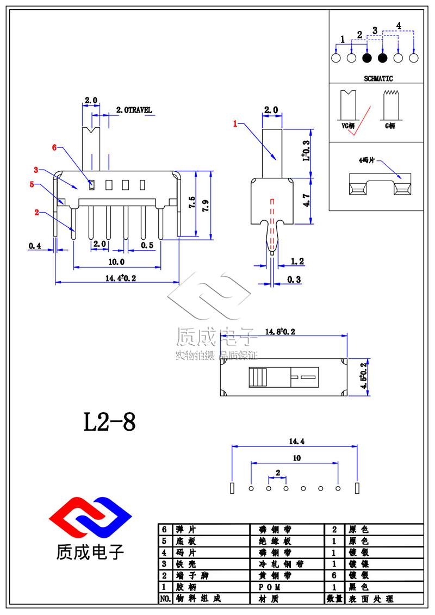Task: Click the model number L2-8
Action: pos(109,421)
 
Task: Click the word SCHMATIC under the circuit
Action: pos(375,78)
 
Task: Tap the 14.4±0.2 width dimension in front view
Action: pos(116,278)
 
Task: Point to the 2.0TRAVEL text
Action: pos(134,110)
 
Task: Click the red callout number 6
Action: pos(54,147)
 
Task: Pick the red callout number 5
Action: pos(32,185)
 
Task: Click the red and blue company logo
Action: pos(90,516)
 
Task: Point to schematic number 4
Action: pos(399,26)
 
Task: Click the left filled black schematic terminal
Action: pos(367,58)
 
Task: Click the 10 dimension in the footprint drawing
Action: pos(296,458)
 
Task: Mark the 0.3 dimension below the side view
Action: pos(295,279)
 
